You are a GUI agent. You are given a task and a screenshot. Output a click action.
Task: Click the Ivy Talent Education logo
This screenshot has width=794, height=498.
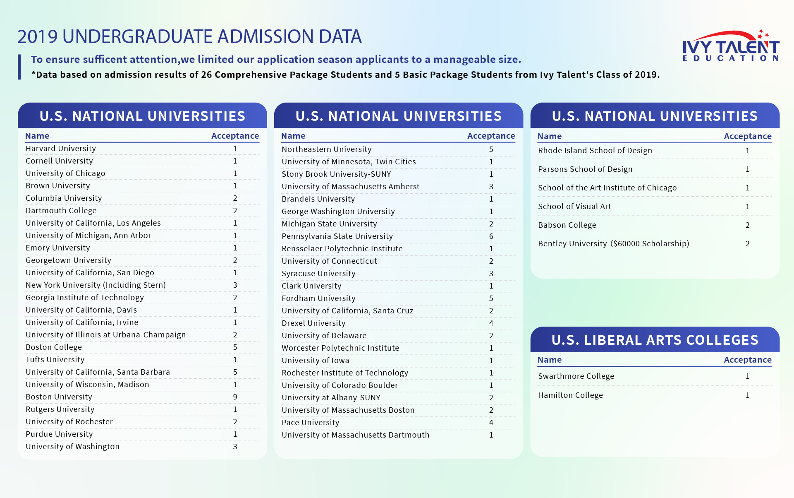(730, 46)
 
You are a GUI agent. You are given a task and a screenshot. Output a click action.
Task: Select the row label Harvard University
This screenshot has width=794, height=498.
(61, 149)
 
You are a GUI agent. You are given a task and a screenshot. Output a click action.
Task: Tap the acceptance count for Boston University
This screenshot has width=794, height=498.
(235, 397)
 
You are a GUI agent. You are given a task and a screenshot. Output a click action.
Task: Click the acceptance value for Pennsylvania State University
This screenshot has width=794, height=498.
(491, 236)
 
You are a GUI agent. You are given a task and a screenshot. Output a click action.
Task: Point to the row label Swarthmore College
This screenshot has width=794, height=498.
(576, 376)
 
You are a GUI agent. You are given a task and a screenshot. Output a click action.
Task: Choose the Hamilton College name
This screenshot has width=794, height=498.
(570, 395)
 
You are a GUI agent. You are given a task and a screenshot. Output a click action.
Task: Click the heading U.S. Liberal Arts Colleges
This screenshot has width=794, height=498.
(655, 340)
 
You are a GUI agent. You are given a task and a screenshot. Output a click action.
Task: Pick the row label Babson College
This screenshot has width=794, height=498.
(567, 225)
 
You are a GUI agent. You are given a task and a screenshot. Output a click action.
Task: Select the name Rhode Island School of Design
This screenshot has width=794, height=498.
(595, 151)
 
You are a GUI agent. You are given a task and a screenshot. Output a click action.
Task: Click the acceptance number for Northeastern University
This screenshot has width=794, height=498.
(491, 149)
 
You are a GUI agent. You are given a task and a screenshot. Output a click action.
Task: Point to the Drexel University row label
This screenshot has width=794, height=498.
(313, 323)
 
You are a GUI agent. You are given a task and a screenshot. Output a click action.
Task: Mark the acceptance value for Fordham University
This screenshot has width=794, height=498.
(491, 298)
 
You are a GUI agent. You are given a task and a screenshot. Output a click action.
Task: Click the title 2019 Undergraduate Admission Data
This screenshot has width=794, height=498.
(189, 37)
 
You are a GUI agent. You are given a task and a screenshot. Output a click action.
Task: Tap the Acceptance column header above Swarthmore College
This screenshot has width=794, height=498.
(747, 360)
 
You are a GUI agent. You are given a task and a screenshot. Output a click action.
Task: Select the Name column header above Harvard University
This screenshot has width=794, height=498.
(37, 136)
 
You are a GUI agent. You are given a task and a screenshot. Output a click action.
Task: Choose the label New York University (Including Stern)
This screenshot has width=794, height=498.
(96, 285)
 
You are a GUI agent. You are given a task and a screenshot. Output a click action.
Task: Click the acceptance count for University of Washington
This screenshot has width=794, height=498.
(235, 447)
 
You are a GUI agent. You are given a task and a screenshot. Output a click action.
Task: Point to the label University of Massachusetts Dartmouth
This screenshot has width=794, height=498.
(355, 435)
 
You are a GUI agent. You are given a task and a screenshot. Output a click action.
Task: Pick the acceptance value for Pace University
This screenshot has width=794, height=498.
(491, 423)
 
